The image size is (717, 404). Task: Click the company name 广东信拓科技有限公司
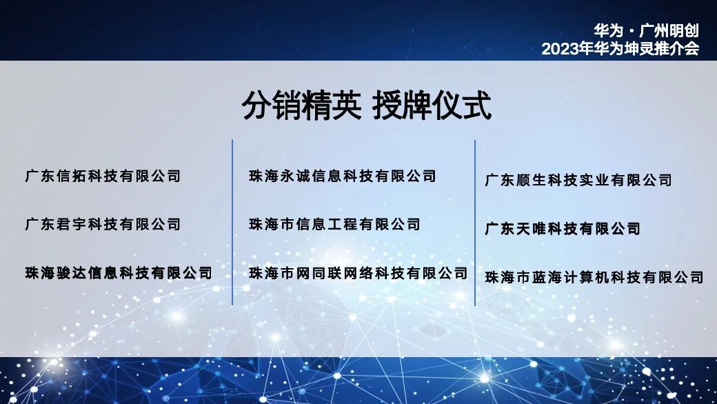(x=103, y=176)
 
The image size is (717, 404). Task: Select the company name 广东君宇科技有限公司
(x=103, y=224)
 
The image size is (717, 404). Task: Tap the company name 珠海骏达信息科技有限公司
(x=119, y=272)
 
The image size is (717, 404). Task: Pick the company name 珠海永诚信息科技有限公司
(x=343, y=176)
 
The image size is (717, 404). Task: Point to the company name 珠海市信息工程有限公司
(x=334, y=224)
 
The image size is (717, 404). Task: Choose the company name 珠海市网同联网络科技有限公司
(x=358, y=273)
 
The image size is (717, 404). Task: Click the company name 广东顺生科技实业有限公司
(x=578, y=181)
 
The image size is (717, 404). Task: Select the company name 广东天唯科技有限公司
(x=563, y=229)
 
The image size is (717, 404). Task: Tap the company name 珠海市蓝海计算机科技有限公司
(x=594, y=277)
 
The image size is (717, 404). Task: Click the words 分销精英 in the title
(x=302, y=107)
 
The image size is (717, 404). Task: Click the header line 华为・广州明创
(x=646, y=31)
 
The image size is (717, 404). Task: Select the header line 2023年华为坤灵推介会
(x=620, y=49)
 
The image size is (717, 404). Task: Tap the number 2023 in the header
(x=557, y=49)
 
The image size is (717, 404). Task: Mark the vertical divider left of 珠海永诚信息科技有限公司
(x=232, y=222)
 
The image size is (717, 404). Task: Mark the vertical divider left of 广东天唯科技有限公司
(x=475, y=222)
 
